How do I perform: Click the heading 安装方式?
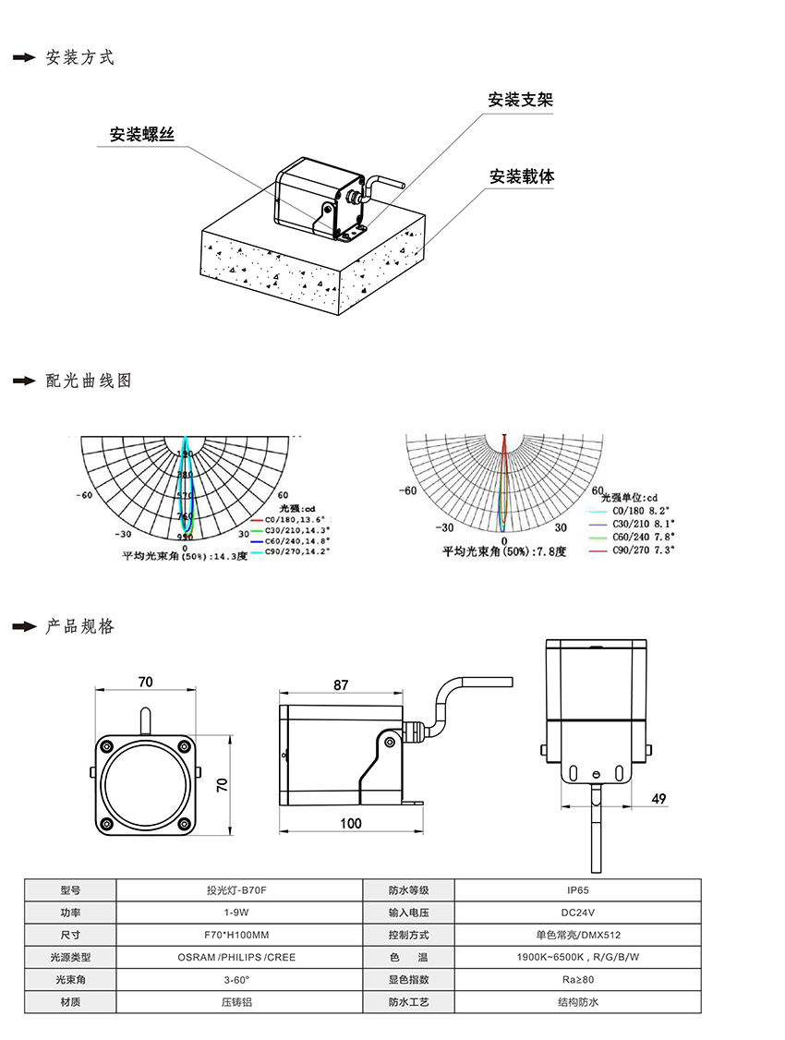80,57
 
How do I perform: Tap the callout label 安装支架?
520,100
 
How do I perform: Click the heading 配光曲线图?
89,381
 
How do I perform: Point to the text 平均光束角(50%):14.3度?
185,557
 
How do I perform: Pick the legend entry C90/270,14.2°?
296,551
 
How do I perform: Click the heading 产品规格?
80,627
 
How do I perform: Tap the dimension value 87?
341,685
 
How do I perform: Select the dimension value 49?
658,798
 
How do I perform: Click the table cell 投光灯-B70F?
240,890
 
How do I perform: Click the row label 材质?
70,1002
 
